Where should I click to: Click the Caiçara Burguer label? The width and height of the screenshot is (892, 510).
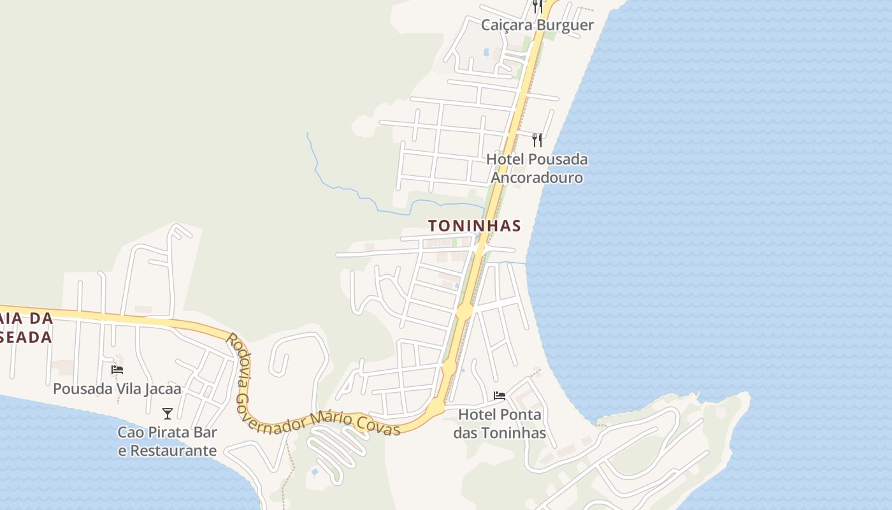[x=537, y=25]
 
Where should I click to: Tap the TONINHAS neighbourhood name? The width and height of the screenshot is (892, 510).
[x=475, y=226]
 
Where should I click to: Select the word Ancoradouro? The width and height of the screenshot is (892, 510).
[x=536, y=178]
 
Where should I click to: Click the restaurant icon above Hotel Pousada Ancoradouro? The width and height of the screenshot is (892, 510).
[x=537, y=140]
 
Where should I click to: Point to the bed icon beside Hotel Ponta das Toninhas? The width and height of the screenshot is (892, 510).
[x=500, y=397]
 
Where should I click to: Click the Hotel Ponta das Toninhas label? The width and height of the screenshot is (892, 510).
[x=500, y=424]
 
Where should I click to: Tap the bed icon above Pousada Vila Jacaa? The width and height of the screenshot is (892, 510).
[x=117, y=370]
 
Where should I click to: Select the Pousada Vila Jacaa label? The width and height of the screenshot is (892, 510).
[x=117, y=388]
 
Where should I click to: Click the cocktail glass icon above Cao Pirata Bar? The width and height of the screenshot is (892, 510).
[x=168, y=414]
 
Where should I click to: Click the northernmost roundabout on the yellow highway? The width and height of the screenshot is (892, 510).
[x=464, y=312]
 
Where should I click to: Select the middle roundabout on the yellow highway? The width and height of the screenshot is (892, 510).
[x=449, y=367]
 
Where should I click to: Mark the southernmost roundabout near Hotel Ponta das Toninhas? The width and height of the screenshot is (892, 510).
[x=436, y=405]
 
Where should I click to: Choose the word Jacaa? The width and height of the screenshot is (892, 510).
[x=161, y=388]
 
